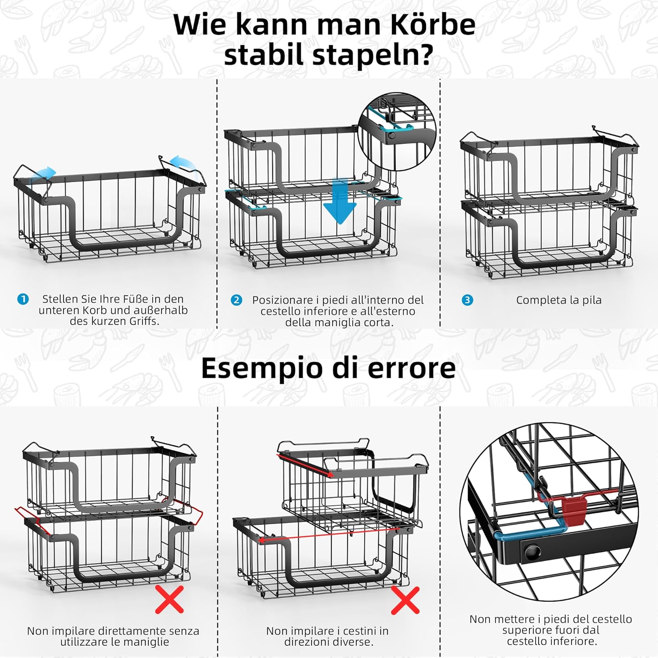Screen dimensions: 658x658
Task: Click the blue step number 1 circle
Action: pos(23,299)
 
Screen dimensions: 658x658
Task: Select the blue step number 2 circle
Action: pos(236,300)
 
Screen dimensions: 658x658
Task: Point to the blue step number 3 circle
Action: pos(468,300)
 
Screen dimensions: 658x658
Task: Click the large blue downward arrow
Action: pos(340,201)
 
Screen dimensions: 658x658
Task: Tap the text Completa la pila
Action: pos(558,300)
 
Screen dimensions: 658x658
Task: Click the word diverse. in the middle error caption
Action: pos(350,642)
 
